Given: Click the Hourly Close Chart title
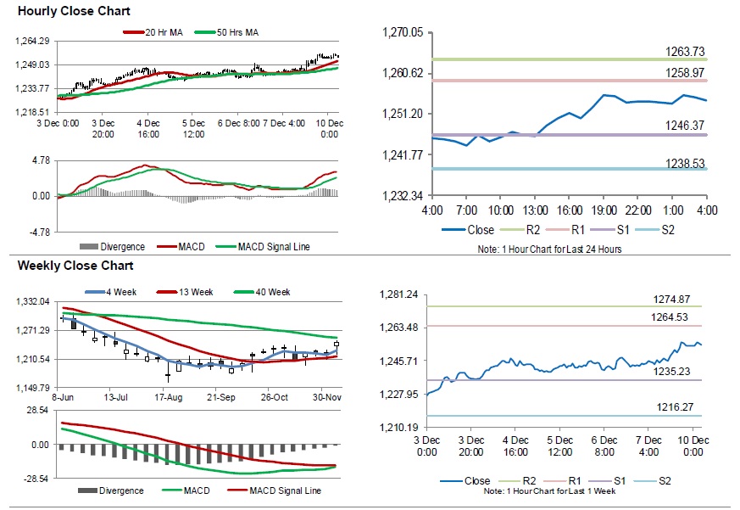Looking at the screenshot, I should coord(63,13).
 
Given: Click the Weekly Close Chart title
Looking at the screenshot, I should coord(64,266).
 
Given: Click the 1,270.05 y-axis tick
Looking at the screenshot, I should coord(403,32).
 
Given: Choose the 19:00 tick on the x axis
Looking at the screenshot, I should coord(604,210).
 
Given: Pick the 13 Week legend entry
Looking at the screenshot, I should coord(197,292).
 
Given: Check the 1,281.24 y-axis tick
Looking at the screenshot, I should coord(402,294).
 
